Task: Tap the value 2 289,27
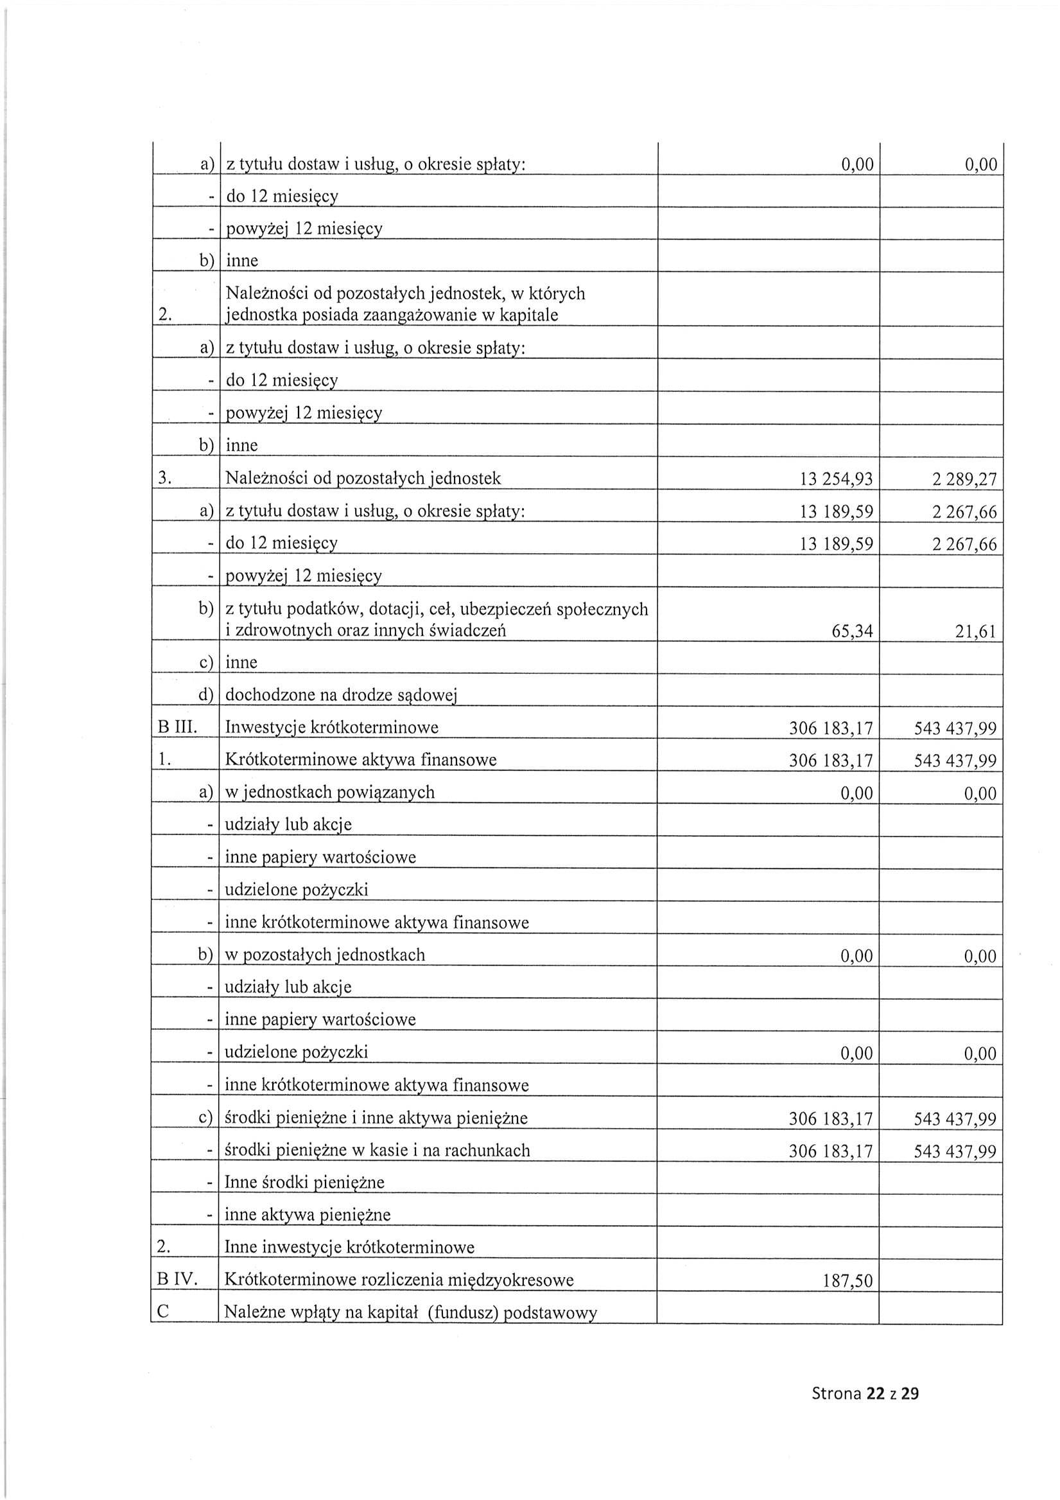tap(964, 480)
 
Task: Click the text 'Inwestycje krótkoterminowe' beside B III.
tap(331, 727)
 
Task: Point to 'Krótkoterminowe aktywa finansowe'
tap(361, 760)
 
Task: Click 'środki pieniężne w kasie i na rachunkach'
tap(377, 1151)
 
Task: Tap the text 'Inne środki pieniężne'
tap(304, 1182)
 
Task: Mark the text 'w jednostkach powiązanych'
tap(330, 793)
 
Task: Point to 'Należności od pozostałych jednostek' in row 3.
tap(363, 478)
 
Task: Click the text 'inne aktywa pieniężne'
tap(308, 1215)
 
